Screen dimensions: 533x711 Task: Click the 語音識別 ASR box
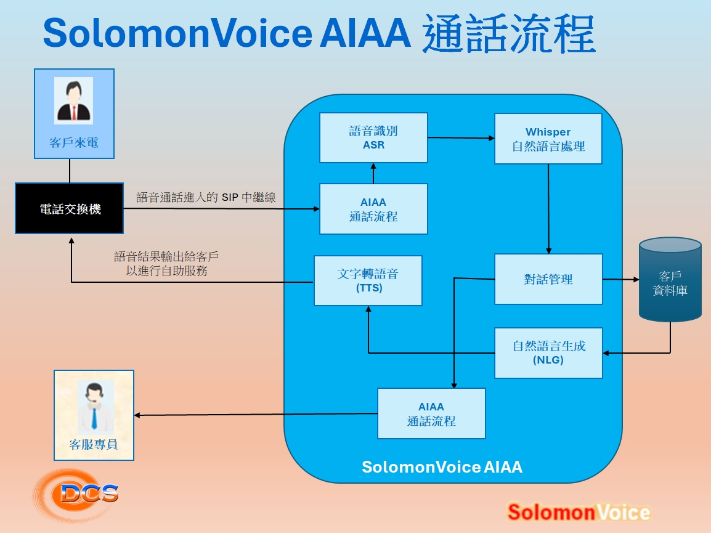pyautogui.click(x=373, y=138)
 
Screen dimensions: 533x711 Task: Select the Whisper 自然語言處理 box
pyautogui.click(x=548, y=139)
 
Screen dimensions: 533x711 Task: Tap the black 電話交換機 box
pyautogui.click(x=70, y=209)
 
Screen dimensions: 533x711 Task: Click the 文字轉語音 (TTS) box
pyautogui.click(x=368, y=281)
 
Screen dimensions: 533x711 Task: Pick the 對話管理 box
pyautogui.click(x=548, y=279)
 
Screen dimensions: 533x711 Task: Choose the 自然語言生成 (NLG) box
pyautogui.click(x=548, y=352)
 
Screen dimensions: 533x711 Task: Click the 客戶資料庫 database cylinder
pyautogui.click(x=670, y=281)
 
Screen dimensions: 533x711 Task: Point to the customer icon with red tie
pyautogui.click(x=73, y=101)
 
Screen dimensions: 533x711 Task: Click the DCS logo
pyautogui.click(x=77, y=493)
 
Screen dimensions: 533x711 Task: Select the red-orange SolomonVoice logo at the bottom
pyautogui.click(x=579, y=512)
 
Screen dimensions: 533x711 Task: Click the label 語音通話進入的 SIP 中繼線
pyautogui.click(x=206, y=198)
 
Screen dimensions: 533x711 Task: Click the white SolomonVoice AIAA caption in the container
pyautogui.click(x=442, y=467)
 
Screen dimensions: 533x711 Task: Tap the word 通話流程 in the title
pyautogui.click(x=509, y=34)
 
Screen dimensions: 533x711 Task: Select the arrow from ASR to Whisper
pyautogui.click(x=461, y=137)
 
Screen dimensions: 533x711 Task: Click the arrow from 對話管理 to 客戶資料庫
pyautogui.click(x=620, y=279)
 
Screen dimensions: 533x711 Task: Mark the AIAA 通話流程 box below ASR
pyautogui.click(x=373, y=209)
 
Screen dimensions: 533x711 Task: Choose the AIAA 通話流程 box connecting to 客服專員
pyautogui.click(x=431, y=413)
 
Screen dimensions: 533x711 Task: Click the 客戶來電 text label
pyautogui.click(x=74, y=144)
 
